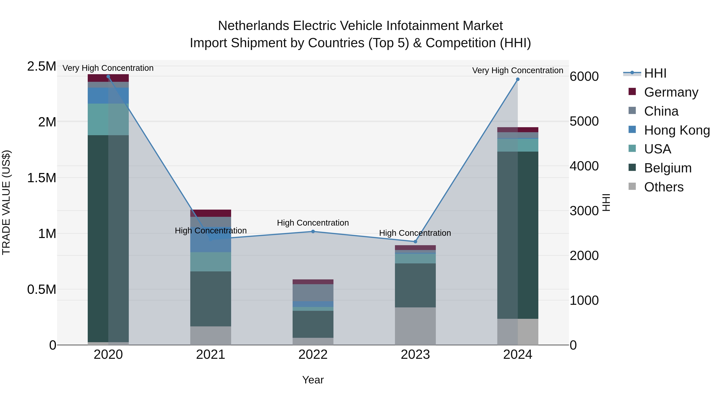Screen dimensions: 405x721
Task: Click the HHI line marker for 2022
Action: [313, 231]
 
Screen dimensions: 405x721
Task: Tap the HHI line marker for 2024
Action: [518, 79]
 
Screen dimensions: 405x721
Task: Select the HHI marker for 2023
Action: [415, 241]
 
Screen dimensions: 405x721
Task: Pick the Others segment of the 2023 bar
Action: [415, 326]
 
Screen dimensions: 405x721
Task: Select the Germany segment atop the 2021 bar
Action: [210, 213]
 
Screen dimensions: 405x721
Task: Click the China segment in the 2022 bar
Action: [313, 292]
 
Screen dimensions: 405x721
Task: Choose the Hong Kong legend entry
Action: [677, 130]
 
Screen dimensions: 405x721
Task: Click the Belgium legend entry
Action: [668, 168]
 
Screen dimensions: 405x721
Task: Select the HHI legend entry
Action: [655, 73]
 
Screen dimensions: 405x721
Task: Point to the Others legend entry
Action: [663, 187]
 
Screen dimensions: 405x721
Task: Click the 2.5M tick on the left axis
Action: [41, 67]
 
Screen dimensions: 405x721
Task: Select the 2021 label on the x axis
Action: [210, 355]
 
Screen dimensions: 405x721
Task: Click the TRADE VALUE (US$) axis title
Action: [6, 202]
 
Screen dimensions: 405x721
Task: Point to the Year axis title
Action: [313, 380]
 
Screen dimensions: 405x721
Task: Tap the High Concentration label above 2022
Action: [313, 223]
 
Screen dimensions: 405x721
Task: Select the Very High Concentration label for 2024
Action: [518, 70]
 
